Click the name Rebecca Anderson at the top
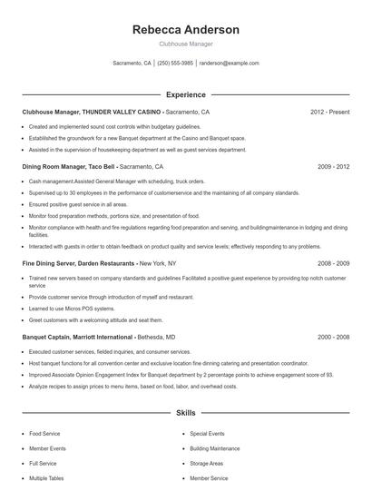pyautogui.click(x=186, y=29)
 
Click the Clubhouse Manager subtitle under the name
pyautogui.click(x=186, y=43)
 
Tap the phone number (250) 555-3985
pyautogui.click(x=176, y=64)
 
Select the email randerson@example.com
pyautogui.click(x=230, y=64)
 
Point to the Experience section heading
pyautogui.click(x=186, y=94)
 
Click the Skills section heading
pyautogui.click(x=186, y=413)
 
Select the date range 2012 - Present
pyautogui.click(x=329, y=112)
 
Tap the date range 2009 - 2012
pyautogui.click(x=333, y=167)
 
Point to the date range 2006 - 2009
pyautogui.click(x=333, y=263)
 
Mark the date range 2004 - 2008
pyautogui.click(x=333, y=337)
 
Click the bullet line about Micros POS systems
pyautogui.click(x=83, y=309)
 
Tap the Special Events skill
pyautogui.click(x=207, y=434)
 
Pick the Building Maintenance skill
pyautogui.click(x=215, y=448)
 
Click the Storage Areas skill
pyautogui.click(x=207, y=463)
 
